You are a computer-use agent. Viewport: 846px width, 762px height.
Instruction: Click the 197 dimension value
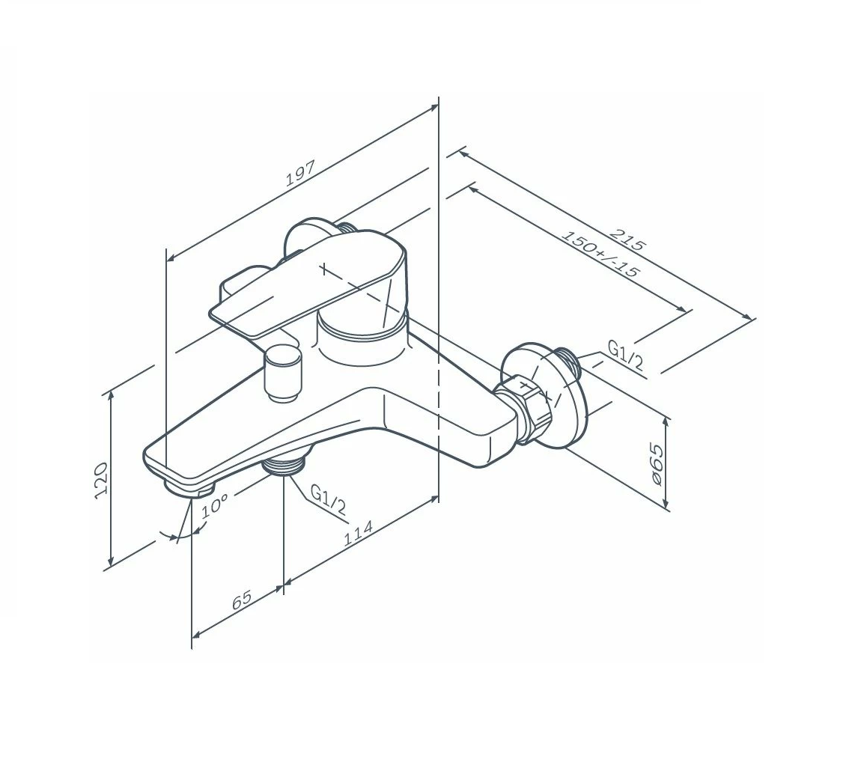coord(300,173)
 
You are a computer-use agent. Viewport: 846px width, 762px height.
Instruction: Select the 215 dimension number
coord(627,240)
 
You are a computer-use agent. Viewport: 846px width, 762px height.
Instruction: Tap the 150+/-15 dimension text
coord(600,254)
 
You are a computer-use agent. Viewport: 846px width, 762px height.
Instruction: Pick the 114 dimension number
coord(359,533)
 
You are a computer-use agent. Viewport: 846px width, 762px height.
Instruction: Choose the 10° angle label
coord(215,507)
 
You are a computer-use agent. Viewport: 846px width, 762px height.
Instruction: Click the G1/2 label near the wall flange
coord(625,355)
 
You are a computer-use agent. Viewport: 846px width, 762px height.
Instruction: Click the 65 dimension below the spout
coord(242,600)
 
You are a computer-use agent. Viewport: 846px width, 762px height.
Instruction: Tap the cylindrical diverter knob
coord(284,374)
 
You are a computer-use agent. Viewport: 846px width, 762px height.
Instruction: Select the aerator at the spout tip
coord(189,487)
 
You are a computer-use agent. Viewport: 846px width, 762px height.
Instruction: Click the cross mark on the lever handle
coord(323,268)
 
